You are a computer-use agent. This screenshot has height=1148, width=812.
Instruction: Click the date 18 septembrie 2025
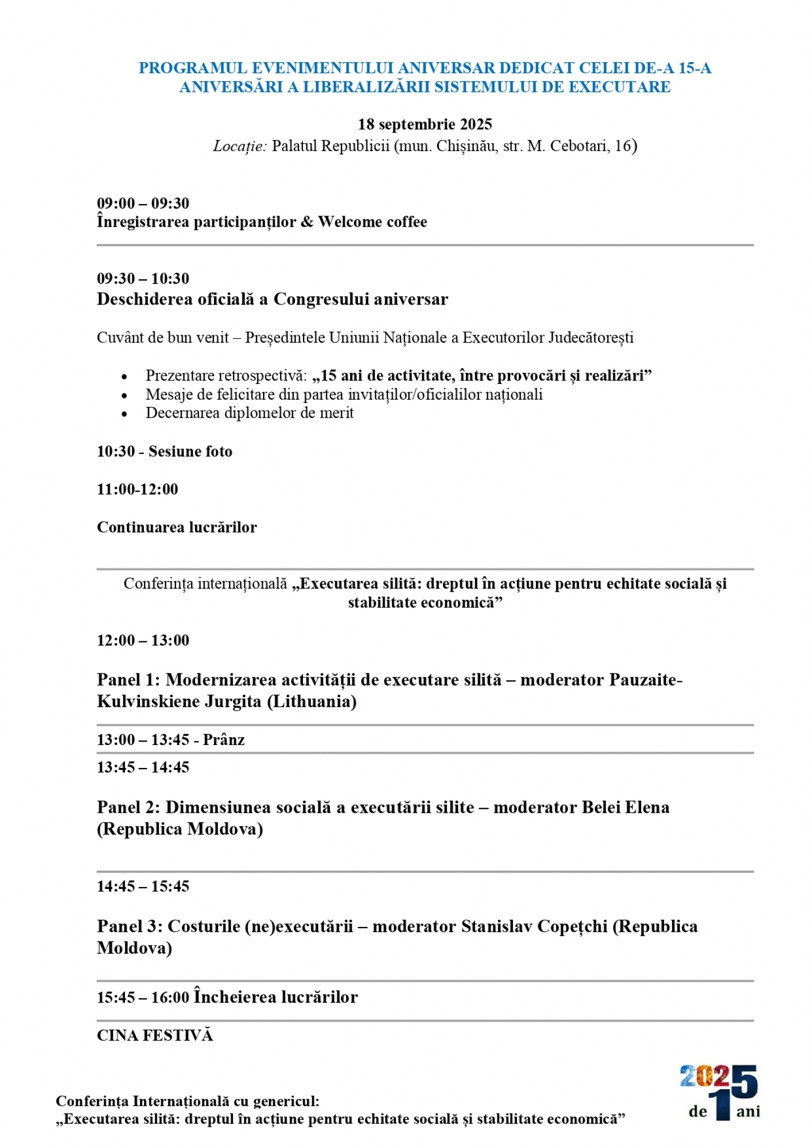click(424, 124)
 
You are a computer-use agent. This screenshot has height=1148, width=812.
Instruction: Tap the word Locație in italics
click(239, 146)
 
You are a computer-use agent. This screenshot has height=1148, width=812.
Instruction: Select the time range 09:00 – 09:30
click(143, 203)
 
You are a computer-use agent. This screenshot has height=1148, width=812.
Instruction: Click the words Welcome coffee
click(372, 222)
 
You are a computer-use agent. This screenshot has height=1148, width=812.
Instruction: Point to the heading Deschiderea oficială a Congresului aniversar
click(272, 299)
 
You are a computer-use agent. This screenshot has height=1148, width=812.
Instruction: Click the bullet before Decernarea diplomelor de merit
click(124, 414)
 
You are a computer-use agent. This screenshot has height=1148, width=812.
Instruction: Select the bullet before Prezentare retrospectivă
click(124, 377)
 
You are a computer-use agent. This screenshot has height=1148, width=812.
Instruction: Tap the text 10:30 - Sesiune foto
click(165, 452)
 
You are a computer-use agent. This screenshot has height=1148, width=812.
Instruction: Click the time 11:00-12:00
click(138, 489)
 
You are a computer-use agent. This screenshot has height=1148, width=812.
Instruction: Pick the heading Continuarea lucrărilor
click(177, 527)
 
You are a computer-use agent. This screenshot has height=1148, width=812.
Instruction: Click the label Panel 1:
click(128, 680)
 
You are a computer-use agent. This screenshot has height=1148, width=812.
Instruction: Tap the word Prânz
click(224, 740)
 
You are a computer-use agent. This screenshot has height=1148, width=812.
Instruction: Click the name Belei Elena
click(626, 808)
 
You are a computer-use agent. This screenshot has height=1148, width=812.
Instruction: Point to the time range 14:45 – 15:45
click(143, 887)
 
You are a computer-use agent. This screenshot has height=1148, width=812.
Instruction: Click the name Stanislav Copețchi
click(534, 927)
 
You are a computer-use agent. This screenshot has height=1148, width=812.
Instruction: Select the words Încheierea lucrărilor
click(276, 997)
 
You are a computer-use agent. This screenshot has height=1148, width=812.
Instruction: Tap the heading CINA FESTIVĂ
click(155, 1035)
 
